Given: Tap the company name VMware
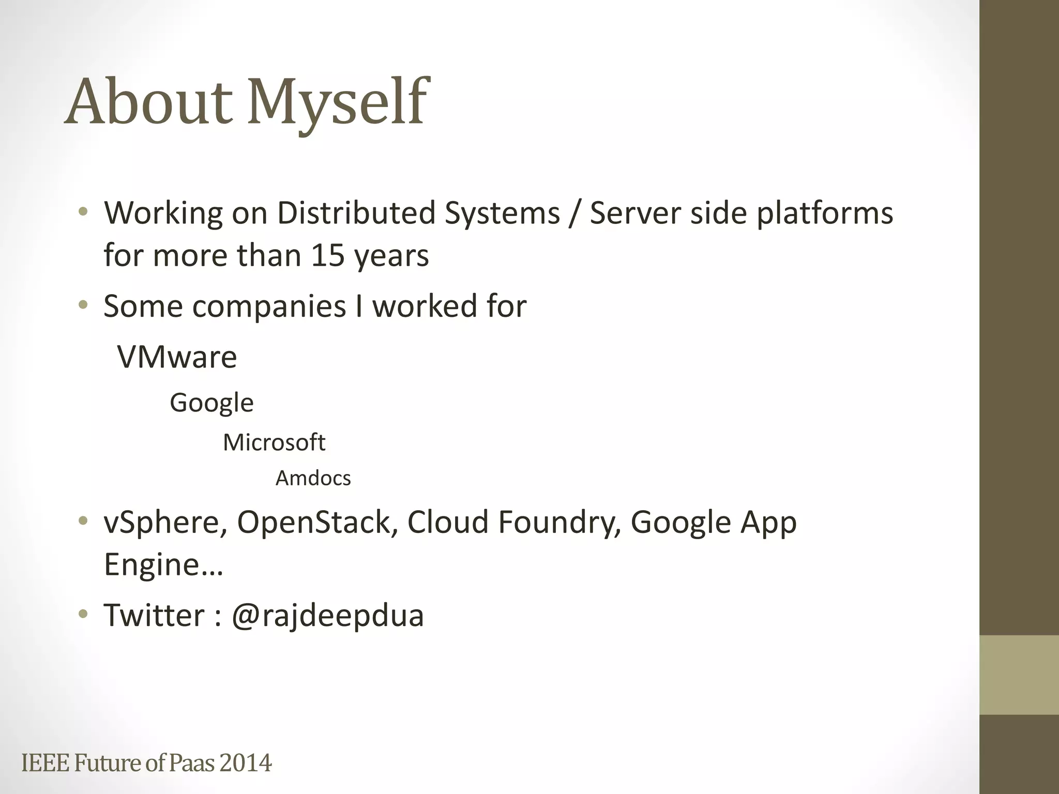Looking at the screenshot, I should tap(177, 357).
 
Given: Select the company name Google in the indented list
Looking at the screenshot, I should tap(211, 403).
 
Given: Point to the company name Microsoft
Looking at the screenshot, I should tap(274, 442).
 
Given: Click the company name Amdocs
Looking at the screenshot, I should tap(313, 478).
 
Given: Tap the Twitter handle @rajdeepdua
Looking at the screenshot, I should tap(327, 615).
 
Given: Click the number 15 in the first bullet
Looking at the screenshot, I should tap(328, 255).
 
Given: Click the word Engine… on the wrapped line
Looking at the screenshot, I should tap(163, 564).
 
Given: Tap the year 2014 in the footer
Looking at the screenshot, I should tap(245, 763).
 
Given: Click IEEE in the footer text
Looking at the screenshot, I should tap(46, 763).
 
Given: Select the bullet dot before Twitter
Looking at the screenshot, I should tap(83, 615).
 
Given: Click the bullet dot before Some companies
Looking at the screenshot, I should tap(83, 306).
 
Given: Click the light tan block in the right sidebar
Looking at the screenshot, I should tap(1019, 675).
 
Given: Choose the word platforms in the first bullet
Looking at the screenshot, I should tap(825, 213).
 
